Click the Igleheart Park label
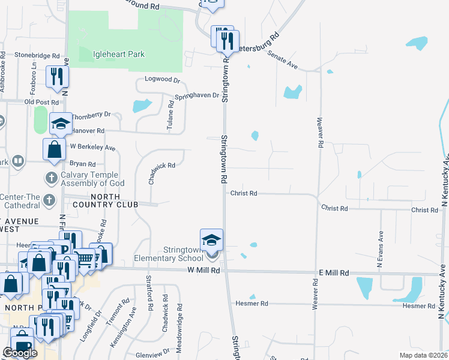[119, 55]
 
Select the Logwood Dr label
[162, 79]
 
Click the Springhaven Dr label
[197, 96]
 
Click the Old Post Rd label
[41, 102]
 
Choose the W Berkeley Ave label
[92, 147]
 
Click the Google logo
[19, 353]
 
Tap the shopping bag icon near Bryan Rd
[54, 150]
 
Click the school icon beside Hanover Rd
[60, 124]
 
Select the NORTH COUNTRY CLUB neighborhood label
[113, 200]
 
